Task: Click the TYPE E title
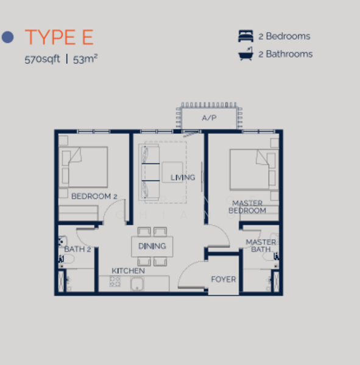click(x=59, y=37)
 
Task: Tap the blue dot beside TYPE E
click(x=8, y=37)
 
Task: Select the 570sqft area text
click(x=42, y=59)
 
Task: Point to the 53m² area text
click(x=85, y=59)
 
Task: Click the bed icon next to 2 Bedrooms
click(x=245, y=36)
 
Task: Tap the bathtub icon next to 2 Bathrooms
click(x=245, y=54)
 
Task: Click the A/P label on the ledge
click(x=209, y=118)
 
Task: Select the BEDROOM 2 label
click(x=94, y=196)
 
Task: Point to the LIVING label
click(x=183, y=178)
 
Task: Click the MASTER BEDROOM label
click(x=247, y=207)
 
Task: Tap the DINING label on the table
click(x=152, y=246)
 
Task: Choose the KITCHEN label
click(x=129, y=271)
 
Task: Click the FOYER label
click(x=224, y=279)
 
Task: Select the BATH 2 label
click(x=77, y=249)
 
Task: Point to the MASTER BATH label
click(x=261, y=246)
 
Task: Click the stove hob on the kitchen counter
click(x=115, y=282)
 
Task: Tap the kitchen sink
click(x=137, y=284)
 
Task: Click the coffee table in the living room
click(x=172, y=172)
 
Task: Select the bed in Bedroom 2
click(x=83, y=167)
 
